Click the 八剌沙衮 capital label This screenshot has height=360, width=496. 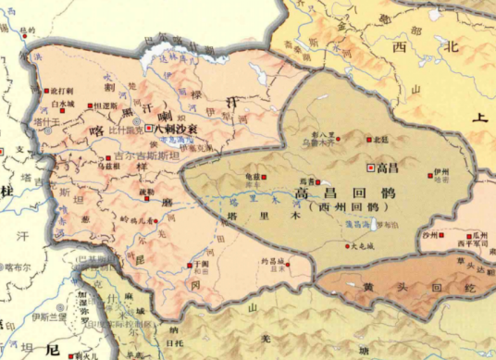(x=176, y=129)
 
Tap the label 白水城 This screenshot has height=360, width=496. (x=63, y=105)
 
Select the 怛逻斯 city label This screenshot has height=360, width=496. (x=107, y=106)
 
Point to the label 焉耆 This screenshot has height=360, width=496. (x=302, y=180)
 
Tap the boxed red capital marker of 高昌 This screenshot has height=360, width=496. (x=371, y=168)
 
